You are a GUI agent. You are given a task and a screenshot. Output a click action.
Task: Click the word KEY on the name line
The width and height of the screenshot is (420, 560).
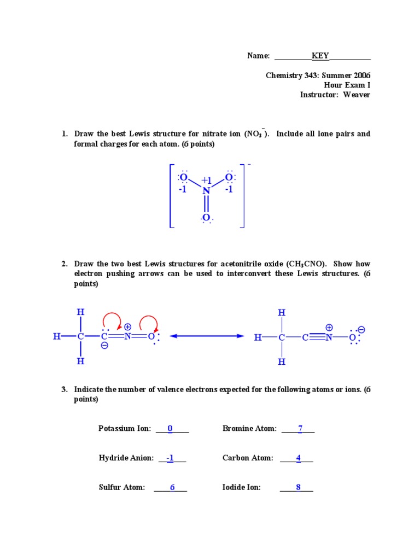click(x=320, y=56)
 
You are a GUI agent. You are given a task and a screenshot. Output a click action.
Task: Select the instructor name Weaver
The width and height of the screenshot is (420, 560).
click(x=357, y=95)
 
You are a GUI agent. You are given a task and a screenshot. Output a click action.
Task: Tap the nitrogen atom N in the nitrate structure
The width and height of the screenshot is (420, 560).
click(x=206, y=190)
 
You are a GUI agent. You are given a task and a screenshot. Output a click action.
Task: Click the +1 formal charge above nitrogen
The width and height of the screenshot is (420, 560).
click(x=206, y=180)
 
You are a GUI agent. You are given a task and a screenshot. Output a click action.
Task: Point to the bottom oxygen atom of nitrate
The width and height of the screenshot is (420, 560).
click(x=206, y=218)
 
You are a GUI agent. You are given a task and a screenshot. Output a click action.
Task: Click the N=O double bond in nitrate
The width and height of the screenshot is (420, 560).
click(x=206, y=205)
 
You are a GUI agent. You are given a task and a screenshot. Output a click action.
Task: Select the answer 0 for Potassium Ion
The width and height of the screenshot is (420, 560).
click(x=170, y=429)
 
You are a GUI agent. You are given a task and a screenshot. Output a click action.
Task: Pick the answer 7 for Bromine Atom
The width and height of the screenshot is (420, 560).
click(x=300, y=429)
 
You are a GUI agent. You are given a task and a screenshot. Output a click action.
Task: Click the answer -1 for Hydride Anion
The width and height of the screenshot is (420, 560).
click(x=170, y=458)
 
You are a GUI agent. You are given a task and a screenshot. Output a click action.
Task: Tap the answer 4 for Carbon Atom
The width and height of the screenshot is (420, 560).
click(x=299, y=458)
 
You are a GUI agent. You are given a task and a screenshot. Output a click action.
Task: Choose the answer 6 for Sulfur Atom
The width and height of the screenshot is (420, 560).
click(x=172, y=487)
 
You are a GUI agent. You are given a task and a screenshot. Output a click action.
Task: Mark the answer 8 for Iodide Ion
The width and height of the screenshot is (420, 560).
click(x=299, y=487)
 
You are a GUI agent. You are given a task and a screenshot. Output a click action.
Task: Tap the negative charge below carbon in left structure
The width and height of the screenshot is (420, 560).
click(x=104, y=346)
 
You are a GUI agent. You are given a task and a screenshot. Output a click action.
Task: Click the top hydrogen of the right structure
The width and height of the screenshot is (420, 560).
click(x=282, y=313)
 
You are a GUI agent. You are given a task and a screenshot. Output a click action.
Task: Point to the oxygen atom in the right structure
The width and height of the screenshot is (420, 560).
click(x=352, y=337)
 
